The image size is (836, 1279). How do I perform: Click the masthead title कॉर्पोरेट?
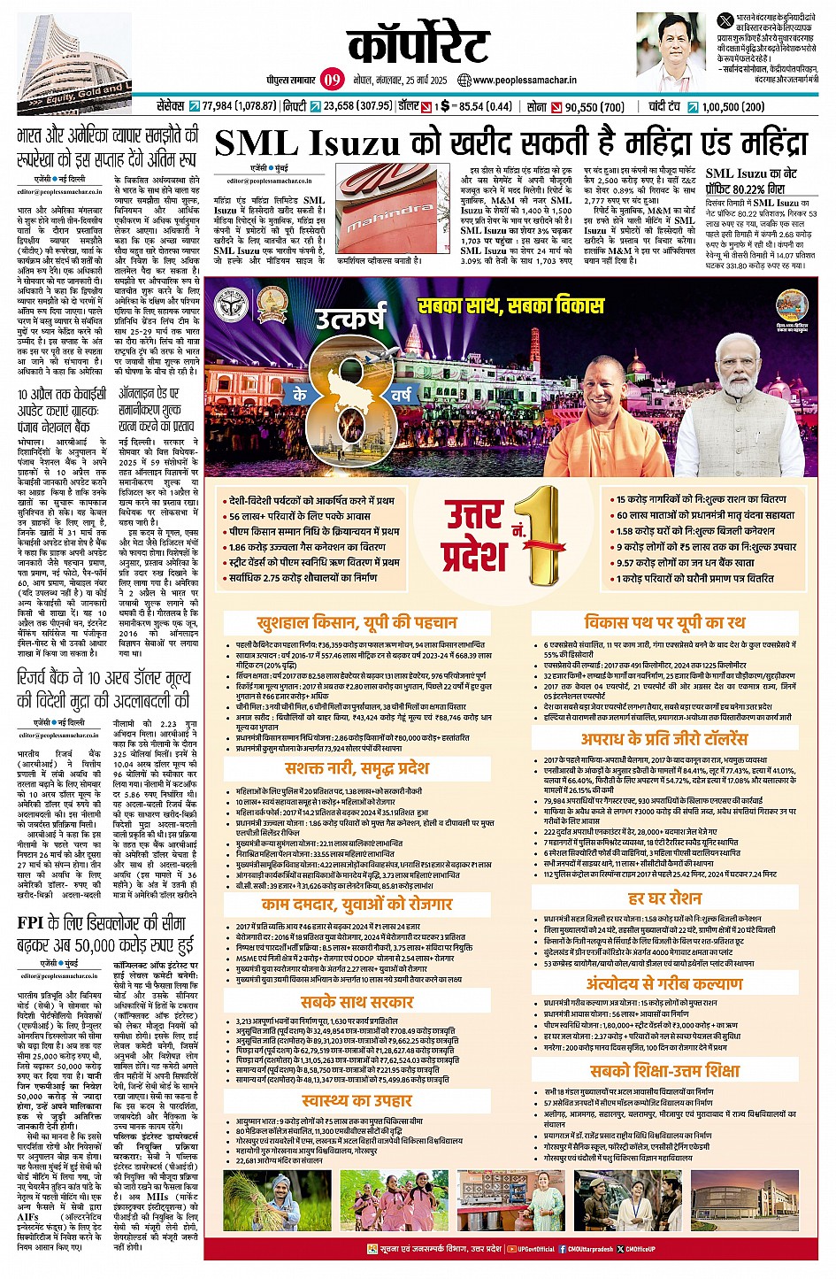(x=418, y=44)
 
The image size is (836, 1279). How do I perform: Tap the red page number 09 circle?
(x=332, y=80)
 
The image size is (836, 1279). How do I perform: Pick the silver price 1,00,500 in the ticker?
(x=733, y=107)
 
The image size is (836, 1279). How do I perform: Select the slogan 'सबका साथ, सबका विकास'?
(x=510, y=305)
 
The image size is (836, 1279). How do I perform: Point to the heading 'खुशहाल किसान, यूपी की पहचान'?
(x=357, y=622)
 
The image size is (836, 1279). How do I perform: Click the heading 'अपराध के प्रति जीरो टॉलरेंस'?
(x=663, y=739)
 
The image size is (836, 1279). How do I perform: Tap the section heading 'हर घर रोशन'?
(x=664, y=898)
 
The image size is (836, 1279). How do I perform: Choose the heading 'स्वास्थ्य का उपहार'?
(x=357, y=1100)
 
